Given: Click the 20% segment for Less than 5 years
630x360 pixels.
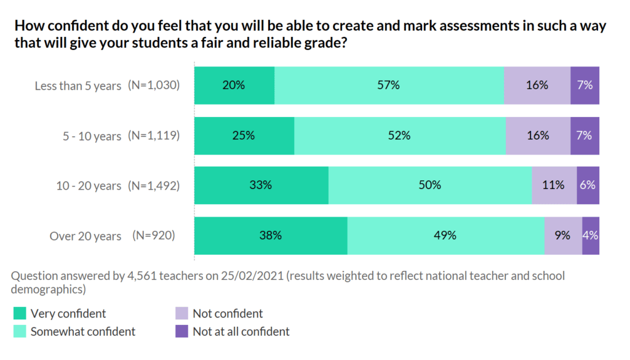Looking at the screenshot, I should coord(234,86).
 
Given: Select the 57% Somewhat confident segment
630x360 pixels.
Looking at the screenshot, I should coord(389,86).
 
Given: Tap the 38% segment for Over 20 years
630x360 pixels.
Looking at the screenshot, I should coord(271,236).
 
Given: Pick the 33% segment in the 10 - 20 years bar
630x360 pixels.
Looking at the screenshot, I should coord(261,185).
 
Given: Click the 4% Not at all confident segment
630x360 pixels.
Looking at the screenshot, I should coord(591,236).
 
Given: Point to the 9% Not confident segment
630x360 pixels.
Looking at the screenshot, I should coord(562,236).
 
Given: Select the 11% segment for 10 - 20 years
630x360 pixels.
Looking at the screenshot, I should coord(554,185).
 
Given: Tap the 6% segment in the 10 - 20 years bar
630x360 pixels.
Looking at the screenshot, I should coord(588,185).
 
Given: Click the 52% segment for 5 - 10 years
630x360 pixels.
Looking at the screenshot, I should coord(399,136).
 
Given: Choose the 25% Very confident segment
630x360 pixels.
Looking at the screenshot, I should coord(244,136).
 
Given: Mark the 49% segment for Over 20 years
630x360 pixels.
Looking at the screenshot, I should coord(445,236).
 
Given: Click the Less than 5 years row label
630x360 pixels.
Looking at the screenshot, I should coord(78,86).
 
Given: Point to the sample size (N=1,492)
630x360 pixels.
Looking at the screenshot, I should coord(154,185).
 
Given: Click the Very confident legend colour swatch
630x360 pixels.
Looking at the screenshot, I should coord(20,314).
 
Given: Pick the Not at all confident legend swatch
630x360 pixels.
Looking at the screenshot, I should coord(181,332).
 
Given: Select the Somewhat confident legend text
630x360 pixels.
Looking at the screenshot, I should coord(83,332).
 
